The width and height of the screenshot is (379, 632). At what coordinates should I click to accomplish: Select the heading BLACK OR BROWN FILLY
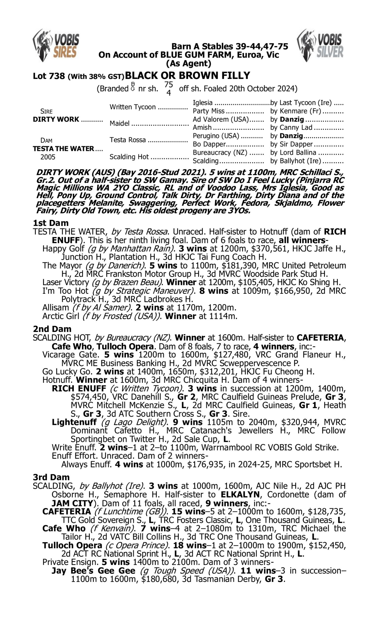coord(187,76)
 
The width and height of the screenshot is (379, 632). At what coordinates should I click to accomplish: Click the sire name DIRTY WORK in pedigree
coord(56,119)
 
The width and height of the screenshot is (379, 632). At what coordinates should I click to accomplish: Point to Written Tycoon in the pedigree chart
coord(133,107)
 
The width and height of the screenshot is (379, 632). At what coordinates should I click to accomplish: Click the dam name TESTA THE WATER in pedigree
coord(63,149)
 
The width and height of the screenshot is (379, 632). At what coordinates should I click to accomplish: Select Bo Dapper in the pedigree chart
coord(209,144)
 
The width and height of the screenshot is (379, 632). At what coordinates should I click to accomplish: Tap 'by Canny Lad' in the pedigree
coord(291,127)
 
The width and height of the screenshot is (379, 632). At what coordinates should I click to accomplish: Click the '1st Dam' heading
coord(51,223)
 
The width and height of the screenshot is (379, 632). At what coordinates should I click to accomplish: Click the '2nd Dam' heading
coord(52,329)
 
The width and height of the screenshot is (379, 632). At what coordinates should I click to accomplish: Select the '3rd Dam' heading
coord(51,477)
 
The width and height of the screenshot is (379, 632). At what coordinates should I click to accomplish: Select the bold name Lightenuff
coord(74,422)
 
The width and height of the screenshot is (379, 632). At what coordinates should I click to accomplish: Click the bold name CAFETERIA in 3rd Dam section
coord(67,511)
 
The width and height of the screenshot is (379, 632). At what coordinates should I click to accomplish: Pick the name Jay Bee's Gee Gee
coord(93,570)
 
